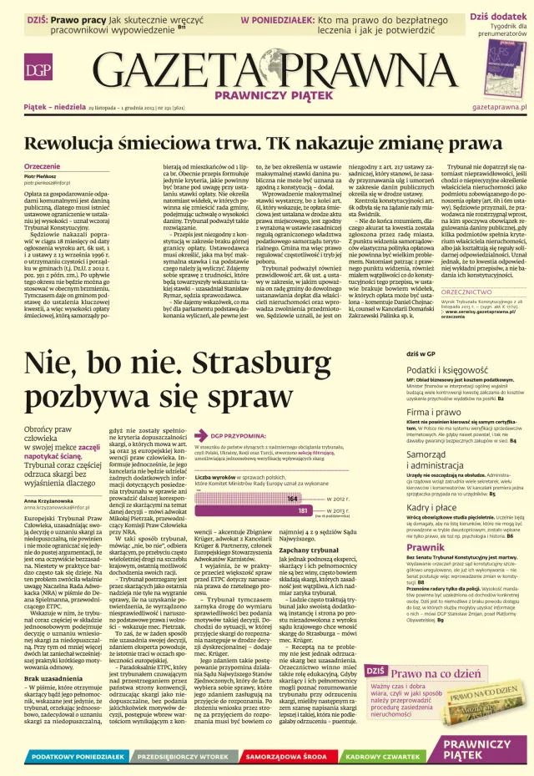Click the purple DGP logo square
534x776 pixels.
pyautogui.click(x=36, y=71)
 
